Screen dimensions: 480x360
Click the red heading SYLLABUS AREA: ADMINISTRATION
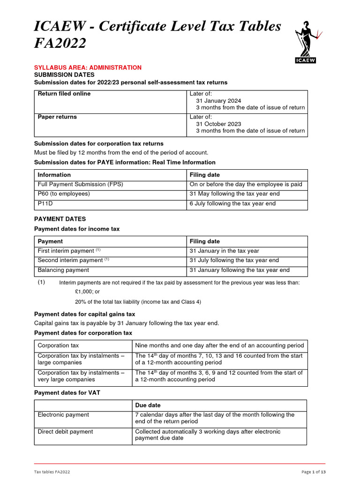[x=88, y=67]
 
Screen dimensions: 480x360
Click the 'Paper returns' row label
[x=57, y=117]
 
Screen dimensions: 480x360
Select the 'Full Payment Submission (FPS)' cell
[x=80, y=184]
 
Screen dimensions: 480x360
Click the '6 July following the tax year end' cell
[x=232, y=204]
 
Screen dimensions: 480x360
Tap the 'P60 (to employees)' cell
[x=63, y=194]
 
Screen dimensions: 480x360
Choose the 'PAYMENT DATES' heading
[x=60, y=219]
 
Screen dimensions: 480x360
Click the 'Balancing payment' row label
[x=63, y=270]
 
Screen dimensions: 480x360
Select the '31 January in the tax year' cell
[x=224, y=251]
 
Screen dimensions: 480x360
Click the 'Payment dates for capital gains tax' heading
[x=85, y=314]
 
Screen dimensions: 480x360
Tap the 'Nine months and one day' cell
[x=220, y=345]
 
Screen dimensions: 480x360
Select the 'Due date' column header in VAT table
[x=148, y=405]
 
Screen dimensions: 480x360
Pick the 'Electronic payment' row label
[x=63, y=415]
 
